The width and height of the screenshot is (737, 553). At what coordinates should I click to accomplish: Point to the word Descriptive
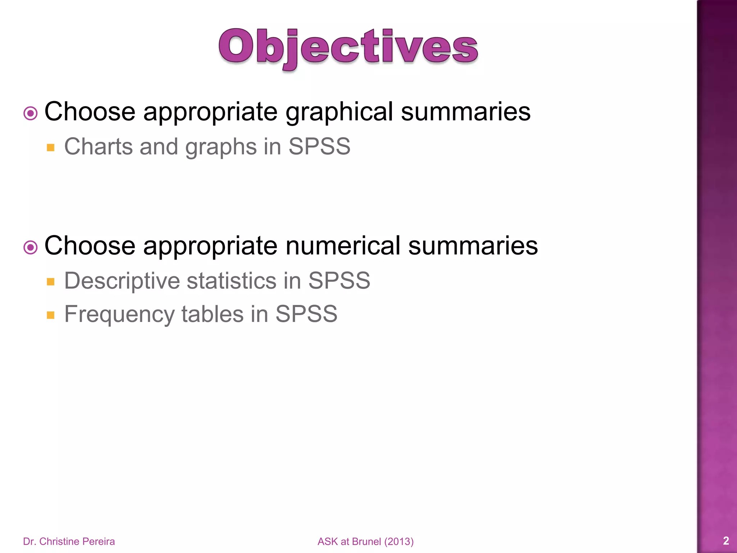tap(122, 281)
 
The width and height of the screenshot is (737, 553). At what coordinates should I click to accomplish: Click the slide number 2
tap(726, 541)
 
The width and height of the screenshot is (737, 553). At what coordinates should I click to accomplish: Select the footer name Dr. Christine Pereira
tap(69, 541)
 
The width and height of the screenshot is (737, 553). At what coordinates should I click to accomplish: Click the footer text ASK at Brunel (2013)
tap(366, 541)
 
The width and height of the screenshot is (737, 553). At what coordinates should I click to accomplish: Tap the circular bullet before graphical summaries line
tap(31, 114)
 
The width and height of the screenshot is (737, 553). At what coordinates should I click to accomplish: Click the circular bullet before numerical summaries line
tap(31, 248)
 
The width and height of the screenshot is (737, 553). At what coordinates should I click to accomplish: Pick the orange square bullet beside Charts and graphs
tap(51, 148)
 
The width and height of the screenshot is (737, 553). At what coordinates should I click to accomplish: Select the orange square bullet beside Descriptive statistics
tap(51, 282)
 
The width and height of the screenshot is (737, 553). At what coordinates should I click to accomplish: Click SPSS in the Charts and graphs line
tap(319, 147)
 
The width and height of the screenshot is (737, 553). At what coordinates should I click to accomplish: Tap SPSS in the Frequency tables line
tap(306, 314)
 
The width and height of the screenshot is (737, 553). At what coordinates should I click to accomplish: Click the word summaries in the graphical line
tap(466, 112)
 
